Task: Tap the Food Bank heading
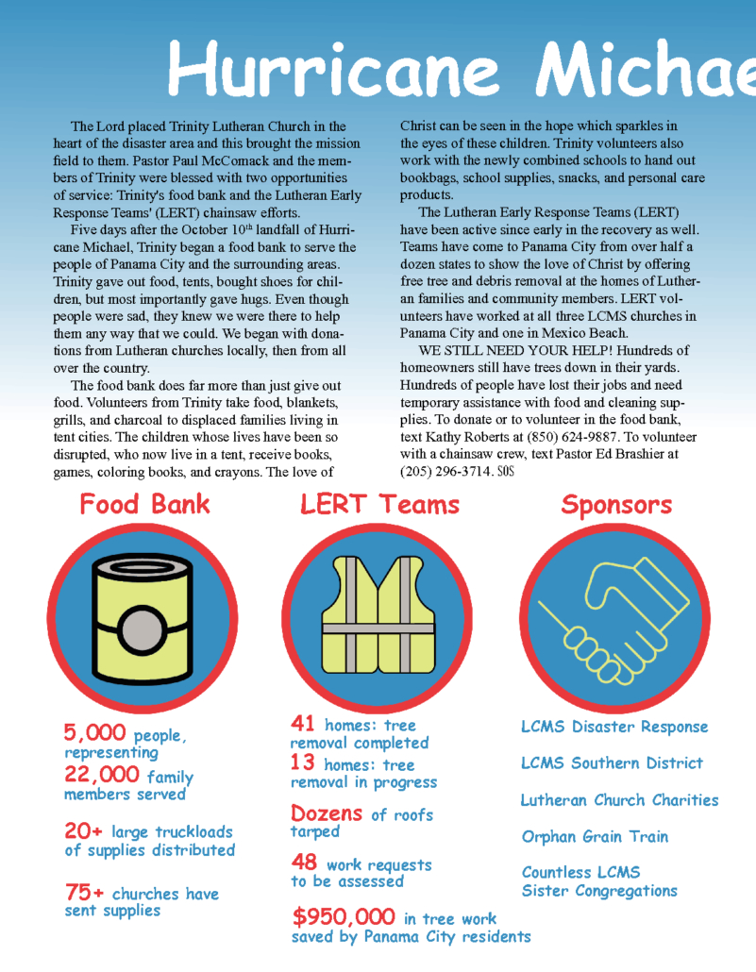[144, 504]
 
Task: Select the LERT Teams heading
[379, 504]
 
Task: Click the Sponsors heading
[616, 504]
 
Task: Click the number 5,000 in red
[94, 732]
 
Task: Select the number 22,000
[102, 775]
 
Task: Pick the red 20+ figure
[83, 831]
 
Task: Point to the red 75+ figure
[84, 892]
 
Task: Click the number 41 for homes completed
[303, 724]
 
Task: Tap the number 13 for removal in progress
[302, 763]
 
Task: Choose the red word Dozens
[326, 813]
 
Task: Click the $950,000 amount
[344, 917]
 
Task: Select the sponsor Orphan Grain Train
[595, 836]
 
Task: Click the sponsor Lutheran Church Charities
[619, 800]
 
